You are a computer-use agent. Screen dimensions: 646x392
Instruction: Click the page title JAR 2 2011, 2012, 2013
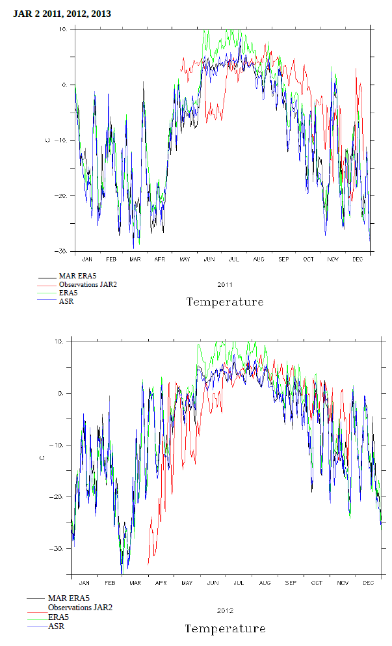[62, 14]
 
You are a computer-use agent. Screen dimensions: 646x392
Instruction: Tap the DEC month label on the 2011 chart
[358, 259]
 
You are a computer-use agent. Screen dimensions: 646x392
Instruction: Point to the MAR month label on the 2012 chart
[135, 583]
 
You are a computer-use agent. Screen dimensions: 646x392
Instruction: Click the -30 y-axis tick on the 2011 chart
[64, 251]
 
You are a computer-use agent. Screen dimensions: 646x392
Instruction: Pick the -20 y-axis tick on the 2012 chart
[60, 497]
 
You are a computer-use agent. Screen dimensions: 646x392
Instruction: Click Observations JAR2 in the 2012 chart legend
[80, 607]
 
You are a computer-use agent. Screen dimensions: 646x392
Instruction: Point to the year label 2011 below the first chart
[224, 284]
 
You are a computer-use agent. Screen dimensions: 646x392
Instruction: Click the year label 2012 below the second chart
[225, 610]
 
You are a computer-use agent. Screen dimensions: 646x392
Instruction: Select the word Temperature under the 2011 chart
[225, 302]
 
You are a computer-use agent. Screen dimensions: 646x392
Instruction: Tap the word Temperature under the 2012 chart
[225, 628]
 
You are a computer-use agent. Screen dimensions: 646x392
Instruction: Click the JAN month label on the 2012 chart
[84, 583]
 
